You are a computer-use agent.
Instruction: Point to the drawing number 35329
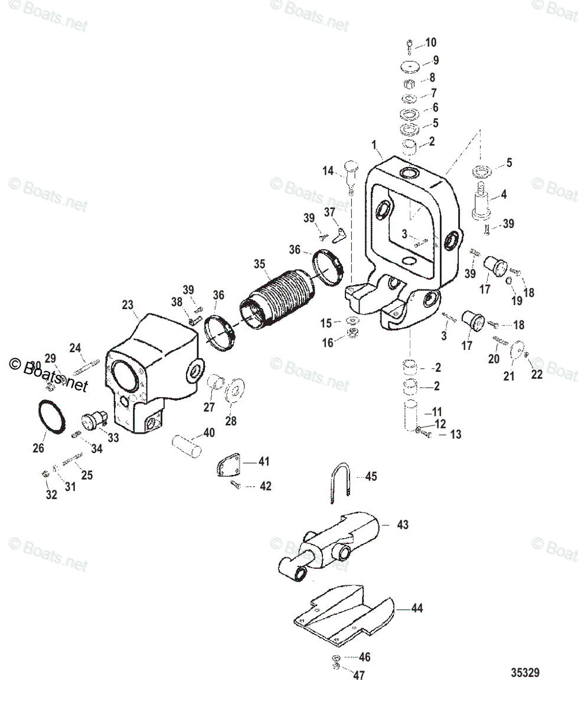point(525,672)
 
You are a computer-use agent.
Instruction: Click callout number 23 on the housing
point(128,305)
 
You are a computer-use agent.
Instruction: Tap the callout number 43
point(402,524)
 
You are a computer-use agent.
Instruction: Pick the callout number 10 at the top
point(431,42)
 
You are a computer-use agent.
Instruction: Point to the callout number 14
point(328,171)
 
